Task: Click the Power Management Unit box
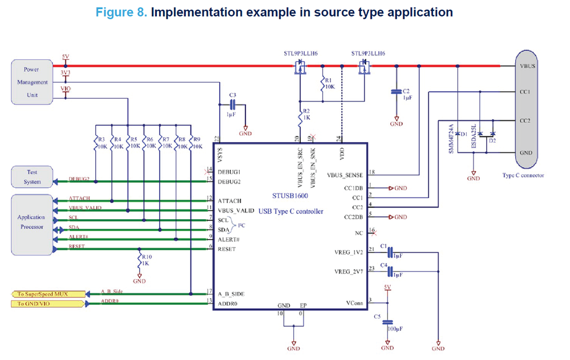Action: click(32, 82)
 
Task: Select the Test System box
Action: click(32, 177)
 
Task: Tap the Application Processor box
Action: click(32, 223)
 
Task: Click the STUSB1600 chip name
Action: click(290, 196)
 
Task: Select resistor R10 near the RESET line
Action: click(139, 262)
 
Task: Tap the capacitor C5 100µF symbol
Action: click(387, 323)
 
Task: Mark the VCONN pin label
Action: click(354, 302)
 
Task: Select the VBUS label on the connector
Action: click(527, 66)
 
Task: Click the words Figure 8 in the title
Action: click(121, 12)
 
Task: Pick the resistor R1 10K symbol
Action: click(322, 85)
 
